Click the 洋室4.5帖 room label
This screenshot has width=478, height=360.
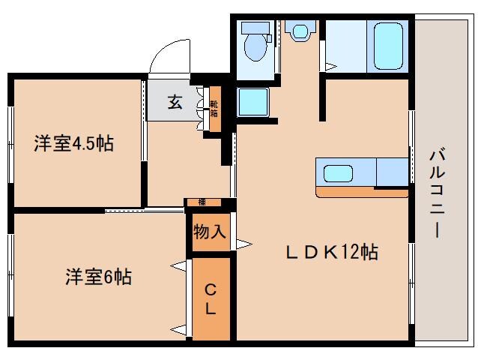coord(73,143)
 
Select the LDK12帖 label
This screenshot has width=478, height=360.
coord(329,252)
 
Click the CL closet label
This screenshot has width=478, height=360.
coord(211,298)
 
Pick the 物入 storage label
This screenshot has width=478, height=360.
coord(209,232)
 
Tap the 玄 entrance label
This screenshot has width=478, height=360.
coord(174,103)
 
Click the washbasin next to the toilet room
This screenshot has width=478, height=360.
coord(300,32)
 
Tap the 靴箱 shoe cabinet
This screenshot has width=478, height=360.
coord(214,109)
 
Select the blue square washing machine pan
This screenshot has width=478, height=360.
coord(252,102)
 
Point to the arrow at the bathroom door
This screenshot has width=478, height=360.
coord(330,66)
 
